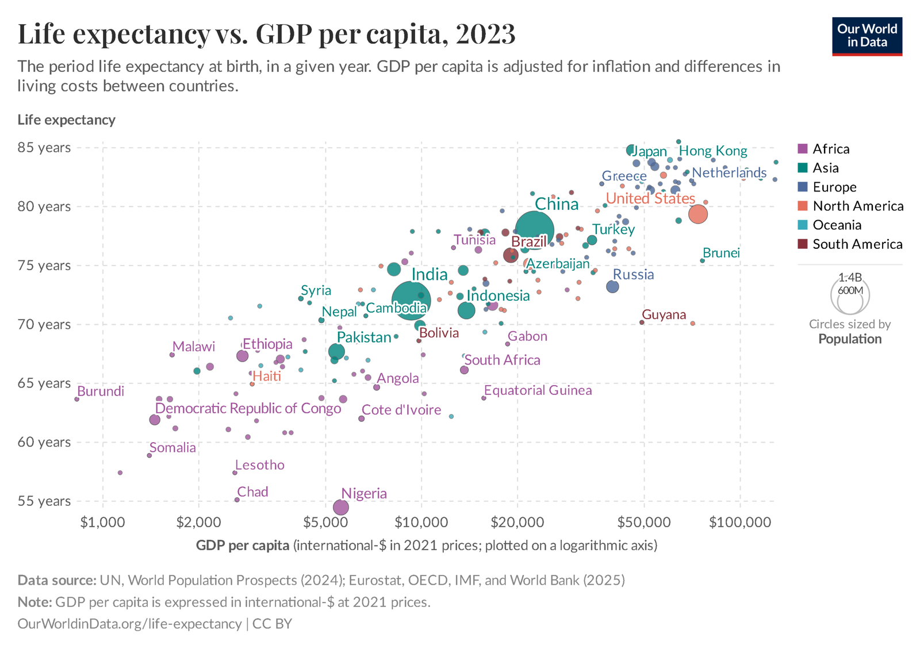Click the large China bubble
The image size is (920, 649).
pyautogui.click(x=534, y=230)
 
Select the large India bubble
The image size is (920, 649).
pyautogui.click(x=410, y=300)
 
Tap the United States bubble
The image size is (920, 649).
pyautogui.click(x=697, y=214)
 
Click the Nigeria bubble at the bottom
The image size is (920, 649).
pyautogui.click(x=341, y=507)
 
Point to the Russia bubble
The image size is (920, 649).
pyautogui.click(x=612, y=286)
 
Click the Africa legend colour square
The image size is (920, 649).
pyautogui.click(x=803, y=149)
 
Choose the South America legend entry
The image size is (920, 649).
pyautogui.click(x=857, y=244)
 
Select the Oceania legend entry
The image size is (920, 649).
pyautogui.click(x=837, y=225)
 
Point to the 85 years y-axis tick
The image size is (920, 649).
pyautogui.click(x=44, y=148)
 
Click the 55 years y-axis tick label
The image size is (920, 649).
pyautogui.click(x=44, y=501)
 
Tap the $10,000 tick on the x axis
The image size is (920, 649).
pyautogui.click(x=421, y=522)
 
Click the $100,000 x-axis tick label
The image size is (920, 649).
pyautogui.click(x=739, y=522)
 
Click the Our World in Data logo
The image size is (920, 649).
pyautogui.click(x=867, y=36)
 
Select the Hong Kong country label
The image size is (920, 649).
pyautogui.click(x=713, y=151)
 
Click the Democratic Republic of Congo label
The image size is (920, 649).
pyautogui.click(x=248, y=409)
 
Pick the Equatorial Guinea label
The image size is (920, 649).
pyautogui.click(x=538, y=391)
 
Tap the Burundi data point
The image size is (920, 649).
pyautogui.click(x=76, y=399)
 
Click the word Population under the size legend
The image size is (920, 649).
pyautogui.click(x=849, y=339)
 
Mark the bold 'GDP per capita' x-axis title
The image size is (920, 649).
pyautogui.click(x=243, y=546)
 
